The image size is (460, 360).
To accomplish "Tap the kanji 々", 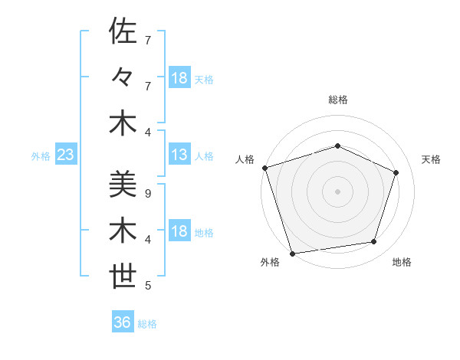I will [x=123, y=77].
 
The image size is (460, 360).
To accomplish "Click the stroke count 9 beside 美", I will [x=147, y=193].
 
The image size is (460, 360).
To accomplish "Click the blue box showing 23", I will [x=65, y=155].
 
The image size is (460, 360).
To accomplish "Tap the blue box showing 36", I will [x=123, y=322].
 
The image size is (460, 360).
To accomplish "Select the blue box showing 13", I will [x=179, y=155].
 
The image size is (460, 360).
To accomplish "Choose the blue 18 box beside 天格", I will [x=179, y=78].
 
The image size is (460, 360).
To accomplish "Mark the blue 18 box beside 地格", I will [x=179, y=232].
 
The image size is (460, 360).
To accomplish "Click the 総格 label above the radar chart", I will [x=337, y=100].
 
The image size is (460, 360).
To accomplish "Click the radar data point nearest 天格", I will [x=396, y=172].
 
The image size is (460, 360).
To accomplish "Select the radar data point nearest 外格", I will [x=292, y=253].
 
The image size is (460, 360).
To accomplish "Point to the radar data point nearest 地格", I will [x=374, y=242].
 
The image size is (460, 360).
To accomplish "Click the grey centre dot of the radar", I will [x=337, y=191].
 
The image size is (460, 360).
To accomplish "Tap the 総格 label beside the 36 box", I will [x=147, y=323].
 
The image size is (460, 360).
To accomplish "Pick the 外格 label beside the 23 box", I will [x=41, y=156].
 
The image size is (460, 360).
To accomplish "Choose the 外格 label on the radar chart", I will [x=270, y=263].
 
